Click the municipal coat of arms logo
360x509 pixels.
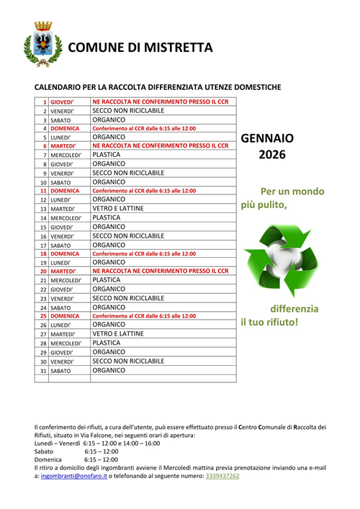37,45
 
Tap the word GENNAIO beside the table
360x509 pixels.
267,138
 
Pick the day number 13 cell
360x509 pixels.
43,209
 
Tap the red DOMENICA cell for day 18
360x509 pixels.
65,253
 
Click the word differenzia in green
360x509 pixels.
294,308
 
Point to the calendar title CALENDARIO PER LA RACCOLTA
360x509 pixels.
158,87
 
